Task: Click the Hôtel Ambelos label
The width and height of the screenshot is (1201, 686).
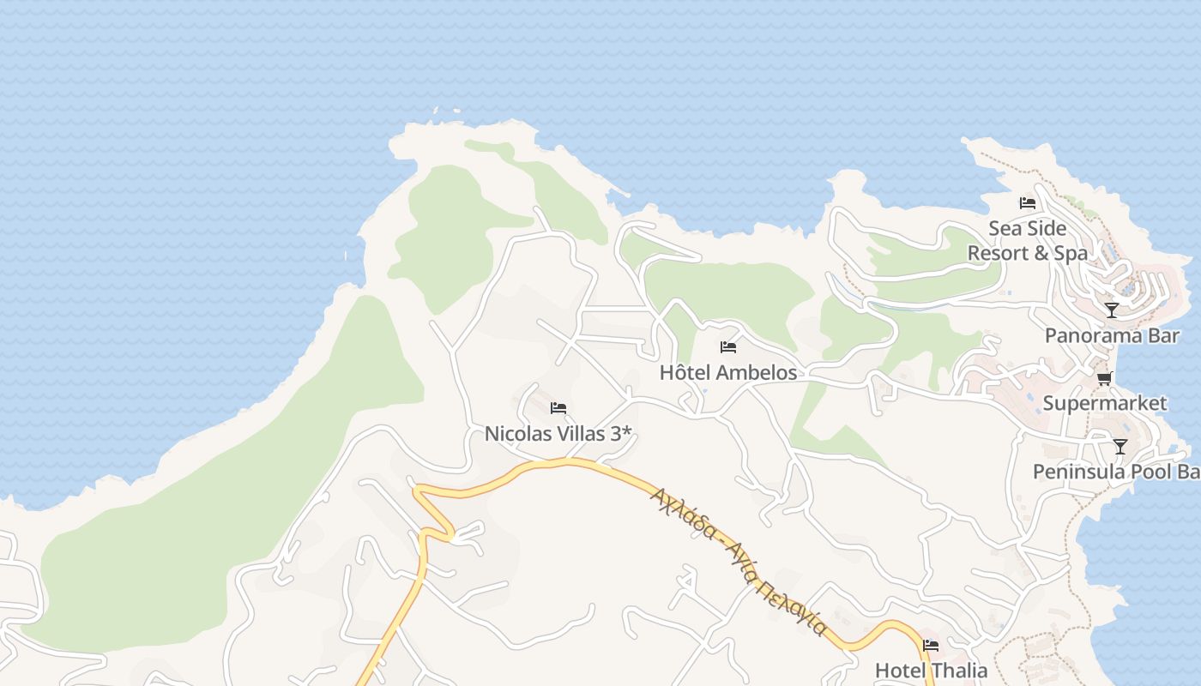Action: tap(728, 372)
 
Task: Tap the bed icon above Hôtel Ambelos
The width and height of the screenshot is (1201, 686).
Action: tap(728, 347)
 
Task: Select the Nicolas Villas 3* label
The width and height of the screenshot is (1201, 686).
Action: tap(558, 434)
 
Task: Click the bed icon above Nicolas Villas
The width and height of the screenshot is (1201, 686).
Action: tap(558, 408)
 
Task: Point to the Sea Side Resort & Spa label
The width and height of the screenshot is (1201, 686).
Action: tap(1028, 241)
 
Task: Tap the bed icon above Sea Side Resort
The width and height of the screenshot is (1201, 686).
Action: tap(1028, 203)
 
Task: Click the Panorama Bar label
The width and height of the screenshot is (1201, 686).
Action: tap(1112, 335)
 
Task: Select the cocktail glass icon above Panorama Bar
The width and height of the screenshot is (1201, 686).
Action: tap(1112, 310)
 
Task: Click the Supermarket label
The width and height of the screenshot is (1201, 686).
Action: tap(1105, 403)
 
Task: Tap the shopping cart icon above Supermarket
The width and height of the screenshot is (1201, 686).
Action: tap(1105, 378)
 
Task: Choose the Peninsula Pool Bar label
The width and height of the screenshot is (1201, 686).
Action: tap(1116, 472)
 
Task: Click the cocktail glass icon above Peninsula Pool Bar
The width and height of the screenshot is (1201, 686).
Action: tap(1120, 446)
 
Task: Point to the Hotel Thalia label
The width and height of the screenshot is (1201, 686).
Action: tap(931, 670)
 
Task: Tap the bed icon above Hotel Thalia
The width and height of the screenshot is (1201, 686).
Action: tap(931, 646)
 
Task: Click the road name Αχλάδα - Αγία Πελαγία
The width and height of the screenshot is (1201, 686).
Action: tap(739, 561)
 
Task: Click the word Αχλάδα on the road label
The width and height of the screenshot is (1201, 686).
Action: tap(683, 513)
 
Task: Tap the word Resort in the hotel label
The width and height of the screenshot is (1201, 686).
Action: tap(998, 253)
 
